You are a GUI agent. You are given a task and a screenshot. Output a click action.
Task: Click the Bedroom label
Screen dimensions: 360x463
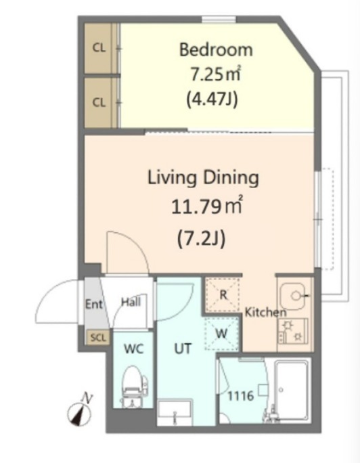216,49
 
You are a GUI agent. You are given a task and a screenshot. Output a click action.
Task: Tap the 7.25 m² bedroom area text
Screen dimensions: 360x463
215,74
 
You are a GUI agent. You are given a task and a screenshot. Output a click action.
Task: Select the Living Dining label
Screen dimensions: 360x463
203,178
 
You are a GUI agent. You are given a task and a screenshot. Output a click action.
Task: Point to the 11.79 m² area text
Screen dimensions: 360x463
207,206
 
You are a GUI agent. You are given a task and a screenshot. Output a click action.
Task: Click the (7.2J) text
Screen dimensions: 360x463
202,238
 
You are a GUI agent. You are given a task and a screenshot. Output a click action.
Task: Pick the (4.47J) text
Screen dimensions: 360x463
212,100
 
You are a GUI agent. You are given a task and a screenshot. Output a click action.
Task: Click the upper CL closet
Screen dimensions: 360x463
99,48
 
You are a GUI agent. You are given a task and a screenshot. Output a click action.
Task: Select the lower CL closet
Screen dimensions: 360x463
99,102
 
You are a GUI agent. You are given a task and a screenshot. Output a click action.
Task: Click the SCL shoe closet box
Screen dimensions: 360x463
97,338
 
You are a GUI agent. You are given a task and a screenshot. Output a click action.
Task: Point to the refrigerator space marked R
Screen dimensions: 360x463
223,295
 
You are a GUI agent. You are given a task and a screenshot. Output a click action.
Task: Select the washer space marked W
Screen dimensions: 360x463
221,334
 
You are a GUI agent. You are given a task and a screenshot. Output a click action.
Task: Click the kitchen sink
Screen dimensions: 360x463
294,296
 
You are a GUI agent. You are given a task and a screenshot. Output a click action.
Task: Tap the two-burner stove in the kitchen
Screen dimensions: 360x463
293,331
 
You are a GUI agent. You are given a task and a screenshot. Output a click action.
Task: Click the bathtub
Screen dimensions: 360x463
292,391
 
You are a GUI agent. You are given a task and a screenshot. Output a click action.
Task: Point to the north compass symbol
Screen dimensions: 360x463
80,412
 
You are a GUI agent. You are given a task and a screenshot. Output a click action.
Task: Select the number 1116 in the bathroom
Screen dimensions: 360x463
240,396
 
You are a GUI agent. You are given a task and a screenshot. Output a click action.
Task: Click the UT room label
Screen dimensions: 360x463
183,349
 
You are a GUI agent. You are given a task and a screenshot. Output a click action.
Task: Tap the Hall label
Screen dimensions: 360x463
131,302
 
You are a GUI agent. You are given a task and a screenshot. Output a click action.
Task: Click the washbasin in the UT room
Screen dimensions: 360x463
175,412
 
